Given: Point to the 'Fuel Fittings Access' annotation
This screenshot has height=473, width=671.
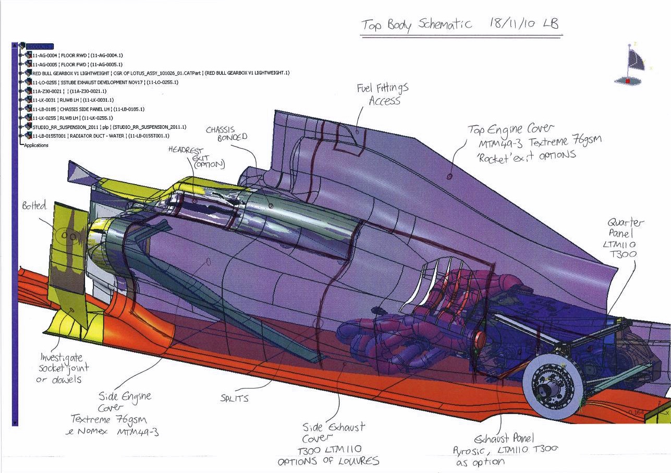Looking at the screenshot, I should click(x=382, y=94).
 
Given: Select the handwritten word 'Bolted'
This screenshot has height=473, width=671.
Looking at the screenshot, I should click(x=34, y=206).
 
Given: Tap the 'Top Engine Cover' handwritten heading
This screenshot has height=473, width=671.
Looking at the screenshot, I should click(x=510, y=129).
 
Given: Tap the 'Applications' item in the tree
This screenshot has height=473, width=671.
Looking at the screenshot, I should click(x=36, y=145).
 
